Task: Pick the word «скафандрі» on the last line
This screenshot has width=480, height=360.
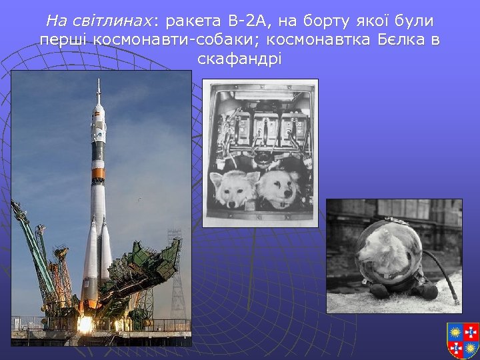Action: tap(240, 59)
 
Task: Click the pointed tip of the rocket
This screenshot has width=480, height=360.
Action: tap(99, 82)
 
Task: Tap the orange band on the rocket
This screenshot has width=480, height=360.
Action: tap(98, 175)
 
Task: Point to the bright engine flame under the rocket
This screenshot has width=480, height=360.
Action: tap(85, 325)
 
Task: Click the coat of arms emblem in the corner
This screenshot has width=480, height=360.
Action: tap(463, 339)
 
